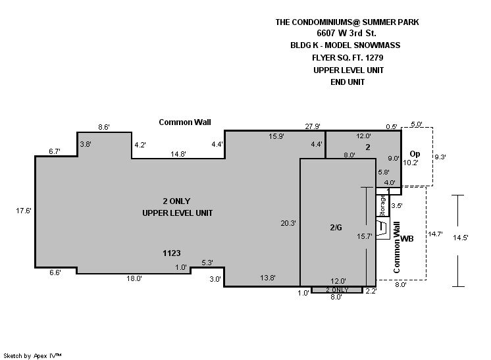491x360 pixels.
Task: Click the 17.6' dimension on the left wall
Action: pyautogui.click(x=24, y=211)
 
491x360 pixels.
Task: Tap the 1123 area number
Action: pyautogui.click(x=172, y=253)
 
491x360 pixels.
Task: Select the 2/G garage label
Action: pyautogui.click(x=336, y=228)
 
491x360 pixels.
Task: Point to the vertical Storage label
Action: pyautogui.click(x=382, y=205)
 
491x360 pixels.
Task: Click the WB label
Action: pyautogui.click(x=407, y=238)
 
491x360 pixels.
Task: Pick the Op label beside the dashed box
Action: pyautogui.click(x=415, y=154)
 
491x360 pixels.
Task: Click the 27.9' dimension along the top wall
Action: pyautogui.click(x=313, y=126)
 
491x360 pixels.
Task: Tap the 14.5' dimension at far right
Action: pyautogui.click(x=460, y=238)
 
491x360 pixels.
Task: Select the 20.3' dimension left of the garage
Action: pyautogui.click(x=288, y=223)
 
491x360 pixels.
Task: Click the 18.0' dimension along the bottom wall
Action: pyautogui.click(x=134, y=278)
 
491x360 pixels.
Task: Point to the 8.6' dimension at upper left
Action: pyautogui.click(x=103, y=127)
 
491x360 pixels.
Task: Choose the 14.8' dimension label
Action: pyautogui.click(x=178, y=154)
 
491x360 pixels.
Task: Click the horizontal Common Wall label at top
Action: pyautogui.click(x=185, y=122)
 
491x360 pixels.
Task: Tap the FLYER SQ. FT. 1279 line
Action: pyautogui.click(x=348, y=58)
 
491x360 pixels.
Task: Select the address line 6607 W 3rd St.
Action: pyautogui.click(x=346, y=33)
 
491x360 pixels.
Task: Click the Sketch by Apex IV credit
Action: pyautogui.click(x=32, y=355)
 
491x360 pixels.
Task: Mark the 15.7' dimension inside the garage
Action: pyautogui.click(x=364, y=236)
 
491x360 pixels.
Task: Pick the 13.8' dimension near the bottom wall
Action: pyautogui.click(x=268, y=278)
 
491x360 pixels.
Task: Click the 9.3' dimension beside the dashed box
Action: pyautogui.click(x=440, y=157)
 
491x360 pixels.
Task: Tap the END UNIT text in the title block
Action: pyautogui.click(x=348, y=82)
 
